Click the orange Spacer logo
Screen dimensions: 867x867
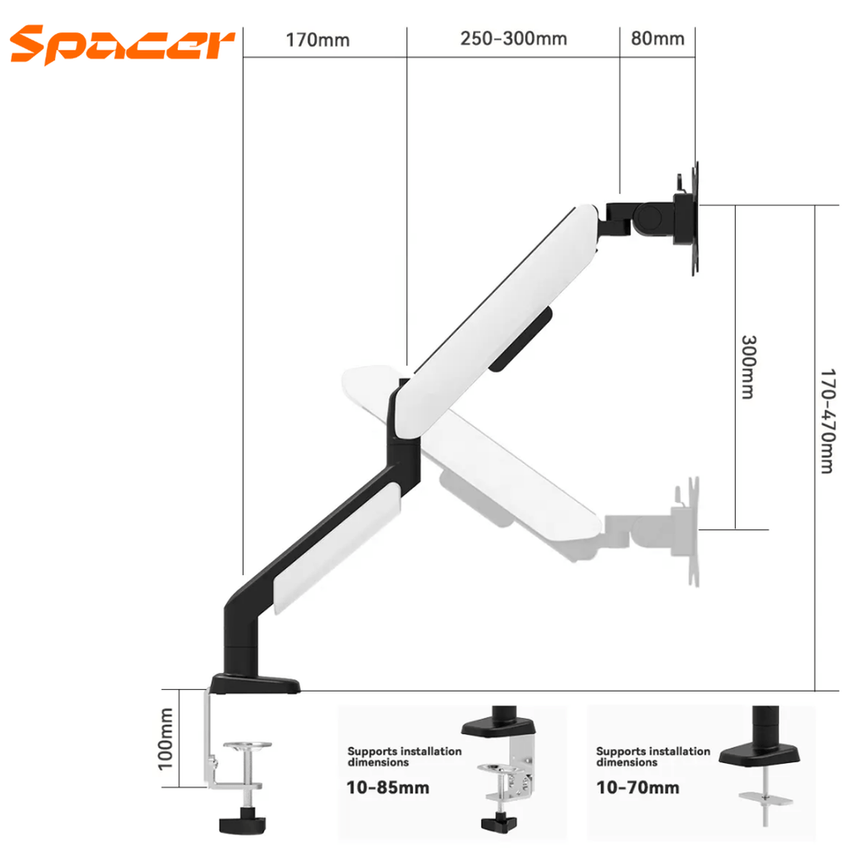coord(123,44)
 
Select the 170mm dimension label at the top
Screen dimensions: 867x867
coord(318,40)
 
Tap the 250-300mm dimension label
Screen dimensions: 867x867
coord(513,39)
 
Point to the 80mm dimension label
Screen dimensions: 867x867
coord(658,39)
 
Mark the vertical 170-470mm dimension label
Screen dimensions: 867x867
coord(827,420)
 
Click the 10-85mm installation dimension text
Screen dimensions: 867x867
coord(388,788)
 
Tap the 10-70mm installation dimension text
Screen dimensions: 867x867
coord(638,788)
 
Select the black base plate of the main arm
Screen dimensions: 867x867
coord(256,682)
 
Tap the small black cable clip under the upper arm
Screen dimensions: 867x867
coord(521,339)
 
